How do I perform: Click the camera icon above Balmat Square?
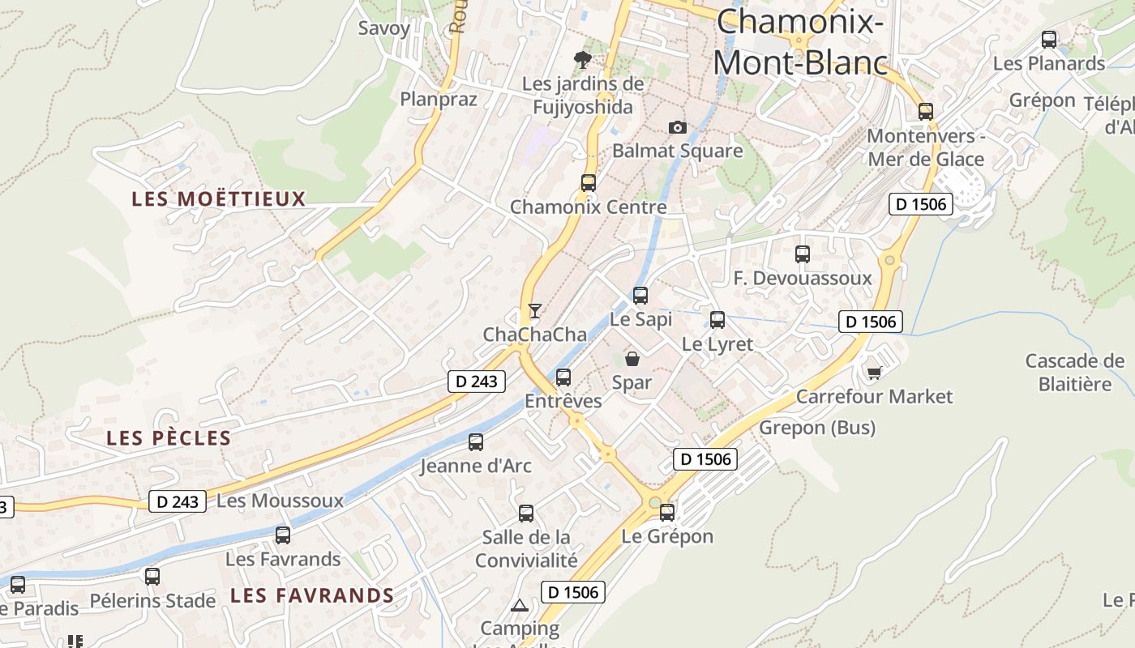[x=677, y=127]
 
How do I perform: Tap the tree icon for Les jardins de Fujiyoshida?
[x=581, y=58]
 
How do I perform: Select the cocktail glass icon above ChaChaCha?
[x=534, y=310]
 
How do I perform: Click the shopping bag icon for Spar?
[x=632, y=359]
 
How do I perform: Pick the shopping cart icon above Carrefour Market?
[x=874, y=373]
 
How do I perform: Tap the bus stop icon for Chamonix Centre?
[x=589, y=183]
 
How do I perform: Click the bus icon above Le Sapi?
[x=640, y=296]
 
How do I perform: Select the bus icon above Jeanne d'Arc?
[x=476, y=442]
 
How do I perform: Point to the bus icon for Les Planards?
[x=1049, y=39]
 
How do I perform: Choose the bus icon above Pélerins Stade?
[x=152, y=577]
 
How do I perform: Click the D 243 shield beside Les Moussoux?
[x=178, y=501]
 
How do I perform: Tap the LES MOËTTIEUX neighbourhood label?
[x=219, y=198]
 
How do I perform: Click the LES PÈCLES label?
[x=169, y=438]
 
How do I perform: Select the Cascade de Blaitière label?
[x=1074, y=372]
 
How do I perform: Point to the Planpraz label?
[x=439, y=99]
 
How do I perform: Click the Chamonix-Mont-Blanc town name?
[x=799, y=41]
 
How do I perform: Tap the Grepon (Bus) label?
[x=817, y=427]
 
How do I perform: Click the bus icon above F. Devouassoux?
[x=803, y=254]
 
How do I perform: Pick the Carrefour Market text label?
[x=874, y=396]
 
